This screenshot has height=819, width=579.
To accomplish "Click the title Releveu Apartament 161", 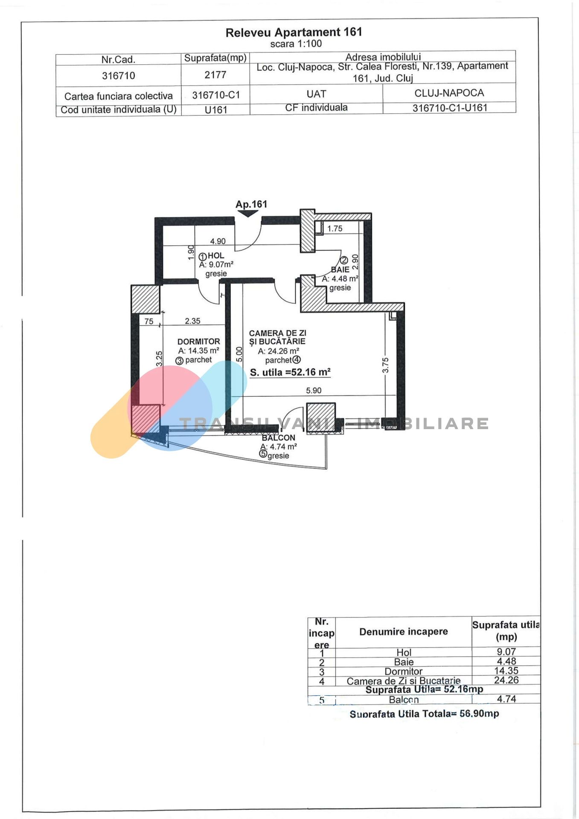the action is click(294, 32).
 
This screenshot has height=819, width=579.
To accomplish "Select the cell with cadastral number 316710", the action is click(119, 76).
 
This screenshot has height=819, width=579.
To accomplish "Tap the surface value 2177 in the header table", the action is click(215, 75).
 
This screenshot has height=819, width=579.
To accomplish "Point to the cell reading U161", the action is click(216, 110).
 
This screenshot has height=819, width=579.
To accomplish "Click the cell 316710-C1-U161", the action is click(450, 107).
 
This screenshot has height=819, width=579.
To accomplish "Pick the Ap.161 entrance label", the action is click(251, 204).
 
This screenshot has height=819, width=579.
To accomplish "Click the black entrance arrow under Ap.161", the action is click(248, 213).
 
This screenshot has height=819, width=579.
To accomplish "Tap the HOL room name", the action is click(216, 256).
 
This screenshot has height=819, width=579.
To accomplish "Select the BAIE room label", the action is click(340, 270).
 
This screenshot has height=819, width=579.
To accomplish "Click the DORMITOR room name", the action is click(198, 342).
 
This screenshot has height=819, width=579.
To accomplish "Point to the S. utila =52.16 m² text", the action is click(290, 372).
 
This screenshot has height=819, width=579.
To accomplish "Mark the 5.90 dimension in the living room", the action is click(314, 390).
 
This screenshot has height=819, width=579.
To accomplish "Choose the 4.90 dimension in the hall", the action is click(218, 241).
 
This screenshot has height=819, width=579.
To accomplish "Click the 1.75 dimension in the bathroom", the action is click(335, 229).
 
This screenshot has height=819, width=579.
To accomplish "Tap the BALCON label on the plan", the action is click(278, 438).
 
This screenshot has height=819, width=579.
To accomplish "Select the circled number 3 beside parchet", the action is click(180, 360).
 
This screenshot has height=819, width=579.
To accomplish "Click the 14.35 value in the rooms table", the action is click(506, 671).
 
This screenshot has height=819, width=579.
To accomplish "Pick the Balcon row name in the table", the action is click(404, 700).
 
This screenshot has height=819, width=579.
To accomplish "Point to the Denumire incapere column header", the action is click(404, 632).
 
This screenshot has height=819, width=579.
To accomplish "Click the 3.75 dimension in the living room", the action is click(385, 366).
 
